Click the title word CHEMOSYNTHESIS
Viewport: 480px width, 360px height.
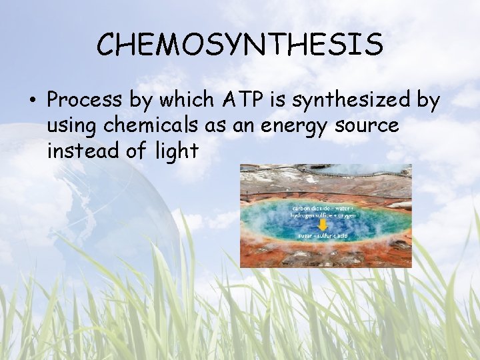[239, 44]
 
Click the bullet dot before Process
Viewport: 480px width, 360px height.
[32, 101]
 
